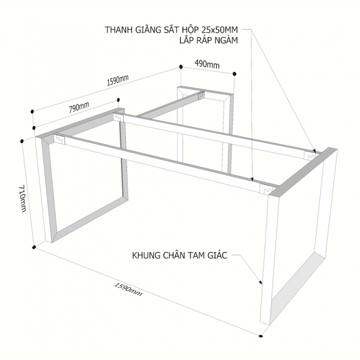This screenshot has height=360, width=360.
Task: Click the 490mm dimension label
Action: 207,64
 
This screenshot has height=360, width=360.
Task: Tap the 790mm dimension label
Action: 79,107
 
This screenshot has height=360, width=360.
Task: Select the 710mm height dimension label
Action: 22,198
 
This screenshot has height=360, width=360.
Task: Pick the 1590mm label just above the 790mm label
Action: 118,80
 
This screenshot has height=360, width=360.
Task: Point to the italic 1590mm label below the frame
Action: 128,289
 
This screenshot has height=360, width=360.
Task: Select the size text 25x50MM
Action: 219,30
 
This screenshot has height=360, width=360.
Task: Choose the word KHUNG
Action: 146,255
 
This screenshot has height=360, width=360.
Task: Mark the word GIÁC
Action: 217,255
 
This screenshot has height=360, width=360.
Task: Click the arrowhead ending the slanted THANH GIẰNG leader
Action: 314,151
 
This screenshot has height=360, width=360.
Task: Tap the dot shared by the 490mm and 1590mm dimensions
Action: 180,67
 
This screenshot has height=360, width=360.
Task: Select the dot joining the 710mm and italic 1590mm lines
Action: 34,247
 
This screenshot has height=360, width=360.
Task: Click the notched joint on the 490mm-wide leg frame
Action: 201,95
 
